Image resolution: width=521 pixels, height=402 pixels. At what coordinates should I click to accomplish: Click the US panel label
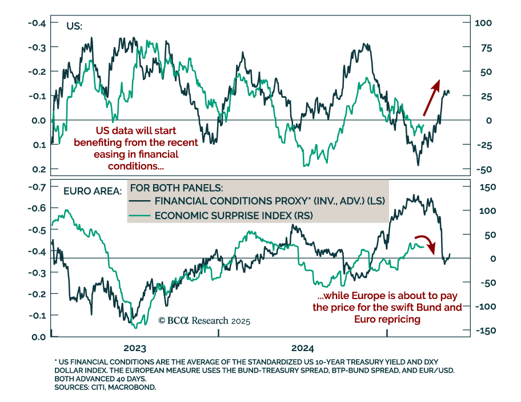74,26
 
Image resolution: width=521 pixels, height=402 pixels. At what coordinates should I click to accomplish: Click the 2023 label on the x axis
134,348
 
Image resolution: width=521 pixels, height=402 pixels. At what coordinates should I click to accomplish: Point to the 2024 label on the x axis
302,348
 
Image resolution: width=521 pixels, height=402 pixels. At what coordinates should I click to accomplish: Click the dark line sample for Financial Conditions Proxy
141,201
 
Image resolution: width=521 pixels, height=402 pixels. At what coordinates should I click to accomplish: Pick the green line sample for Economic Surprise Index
141,215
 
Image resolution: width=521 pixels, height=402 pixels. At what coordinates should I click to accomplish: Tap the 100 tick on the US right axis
484,23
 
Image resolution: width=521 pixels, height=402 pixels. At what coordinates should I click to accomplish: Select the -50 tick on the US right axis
483,170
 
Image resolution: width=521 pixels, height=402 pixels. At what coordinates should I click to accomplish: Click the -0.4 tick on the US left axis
36,23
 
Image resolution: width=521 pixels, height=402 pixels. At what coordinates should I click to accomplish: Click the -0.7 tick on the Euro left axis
36,188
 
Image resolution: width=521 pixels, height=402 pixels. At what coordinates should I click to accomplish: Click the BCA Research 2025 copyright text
204,321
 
